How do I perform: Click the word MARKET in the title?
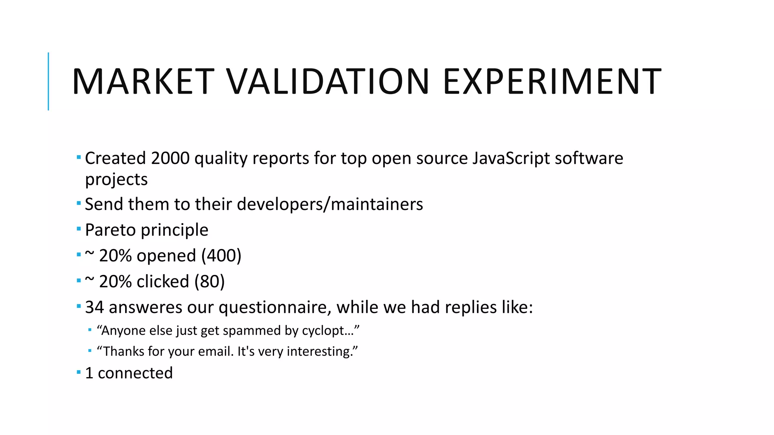point(143,81)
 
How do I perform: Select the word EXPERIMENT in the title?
point(552,81)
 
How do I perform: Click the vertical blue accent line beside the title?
point(48,81)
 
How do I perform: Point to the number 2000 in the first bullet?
point(170,158)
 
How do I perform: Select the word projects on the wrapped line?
point(116,180)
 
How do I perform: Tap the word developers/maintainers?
point(330,204)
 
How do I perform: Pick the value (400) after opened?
point(221,256)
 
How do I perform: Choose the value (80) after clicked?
point(209,282)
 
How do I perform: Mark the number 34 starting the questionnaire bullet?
point(94,307)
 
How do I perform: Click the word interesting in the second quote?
point(319,352)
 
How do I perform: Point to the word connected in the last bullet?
point(135,373)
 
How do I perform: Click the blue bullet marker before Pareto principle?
point(79,229)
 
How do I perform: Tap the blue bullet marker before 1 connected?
point(79,372)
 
